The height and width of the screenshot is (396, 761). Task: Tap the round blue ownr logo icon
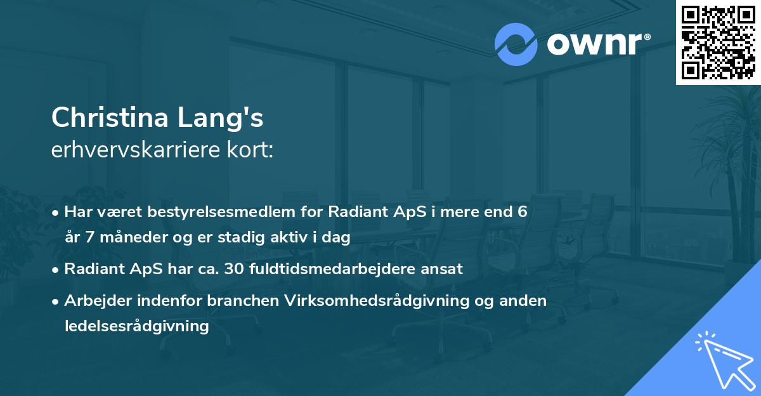(516, 44)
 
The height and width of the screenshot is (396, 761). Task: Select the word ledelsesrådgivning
(136, 326)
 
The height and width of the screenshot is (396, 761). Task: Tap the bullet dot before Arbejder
(56, 301)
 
